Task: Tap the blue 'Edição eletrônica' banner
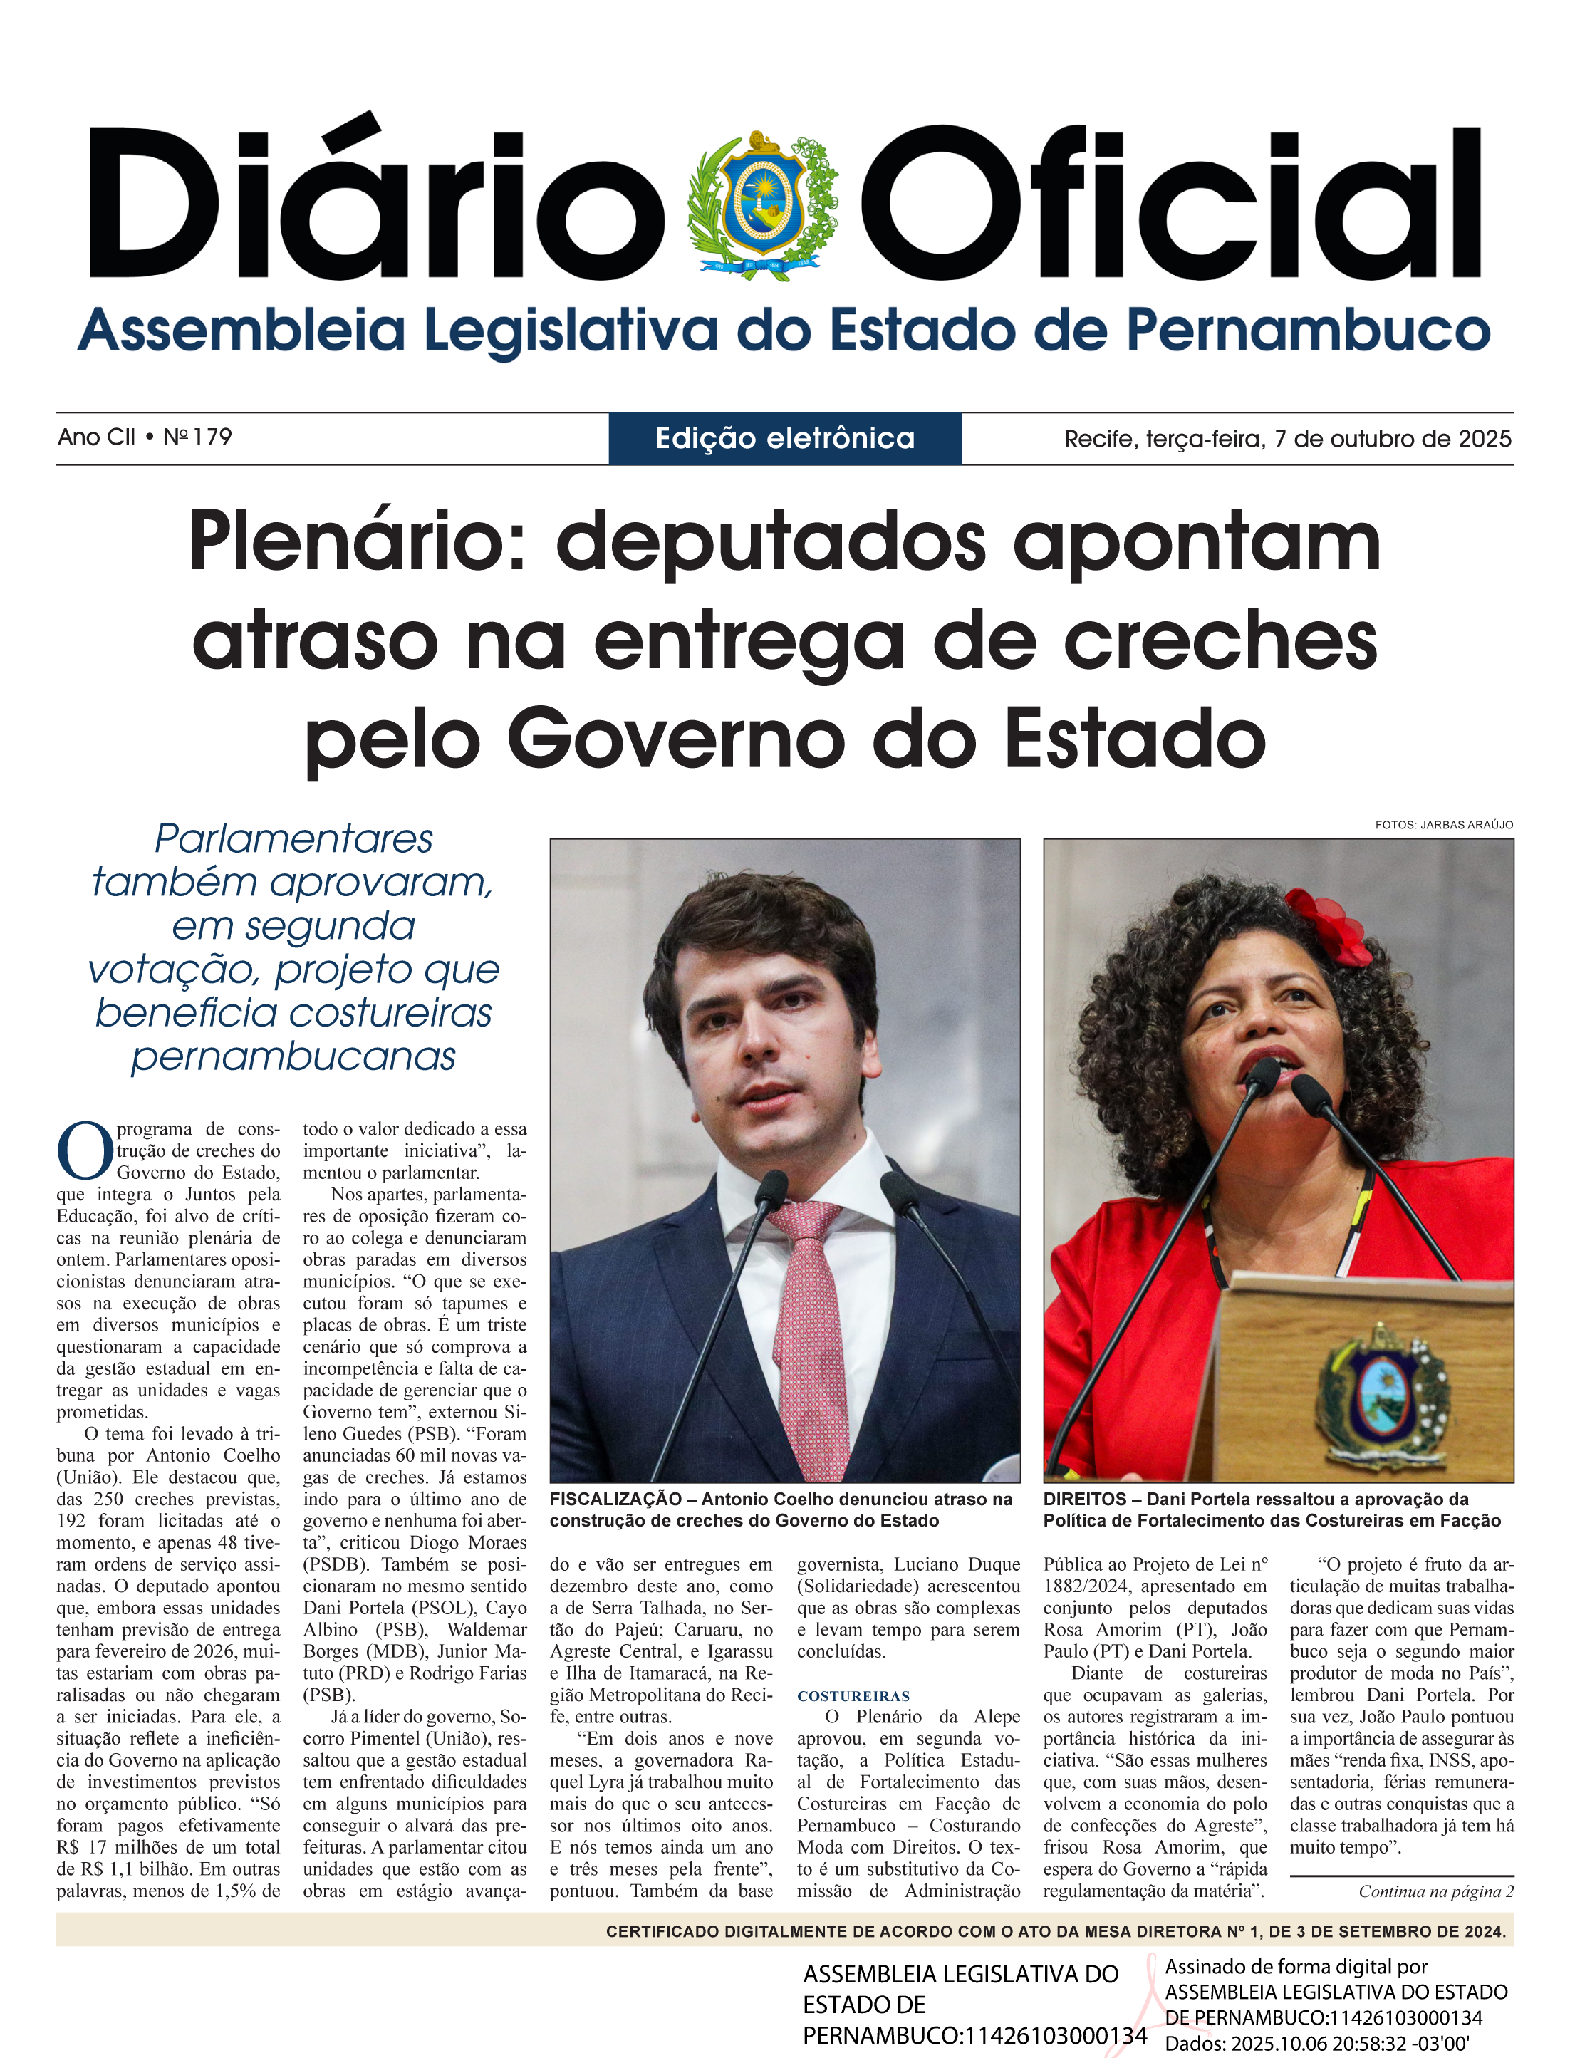tap(785, 438)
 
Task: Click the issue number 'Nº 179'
tap(197, 437)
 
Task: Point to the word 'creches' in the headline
tap(1220, 641)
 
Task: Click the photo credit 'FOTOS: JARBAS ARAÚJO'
tap(1444, 824)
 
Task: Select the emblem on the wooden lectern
tap(1381, 1390)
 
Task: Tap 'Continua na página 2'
tap(1435, 1891)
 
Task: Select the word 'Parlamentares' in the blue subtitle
tap(293, 838)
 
